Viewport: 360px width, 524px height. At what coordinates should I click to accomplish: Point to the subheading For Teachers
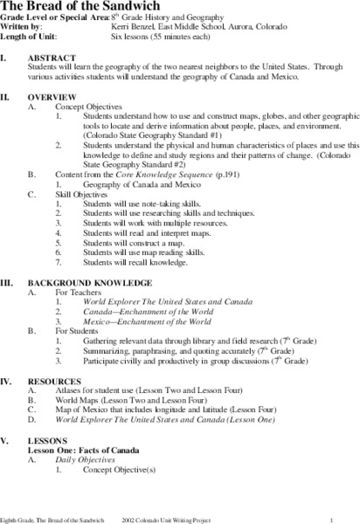[x=79, y=293]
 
